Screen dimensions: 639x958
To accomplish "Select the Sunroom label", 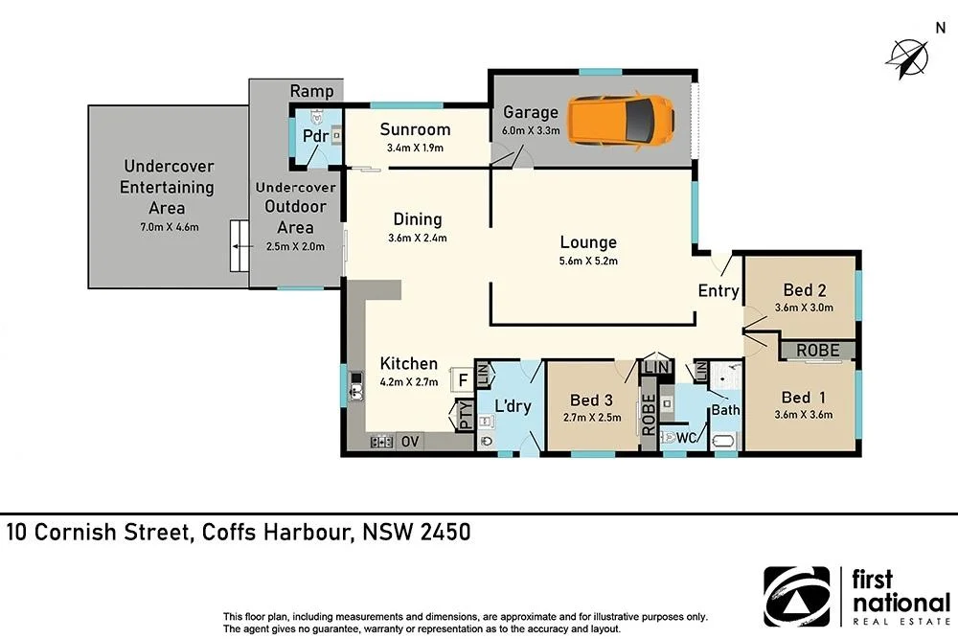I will coord(415,129).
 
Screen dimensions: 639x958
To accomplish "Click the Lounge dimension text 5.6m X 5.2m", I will coord(588,262).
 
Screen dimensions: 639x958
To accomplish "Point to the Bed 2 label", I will coord(804,290).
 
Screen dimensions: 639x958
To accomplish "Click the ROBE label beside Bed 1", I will coord(817,351).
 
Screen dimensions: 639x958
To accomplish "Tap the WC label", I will coord(686,438).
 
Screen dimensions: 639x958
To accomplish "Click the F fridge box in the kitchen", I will coord(462,379).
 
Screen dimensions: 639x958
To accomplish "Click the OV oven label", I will coord(410,442).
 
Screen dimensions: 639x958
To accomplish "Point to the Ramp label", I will coord(312,92).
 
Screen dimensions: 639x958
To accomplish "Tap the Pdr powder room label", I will coord(315,136).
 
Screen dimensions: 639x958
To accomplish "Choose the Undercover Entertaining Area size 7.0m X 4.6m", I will coord(166,227).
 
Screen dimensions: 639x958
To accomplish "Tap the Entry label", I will coord(718,291).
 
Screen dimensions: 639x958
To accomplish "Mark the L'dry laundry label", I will coord(512,405).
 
